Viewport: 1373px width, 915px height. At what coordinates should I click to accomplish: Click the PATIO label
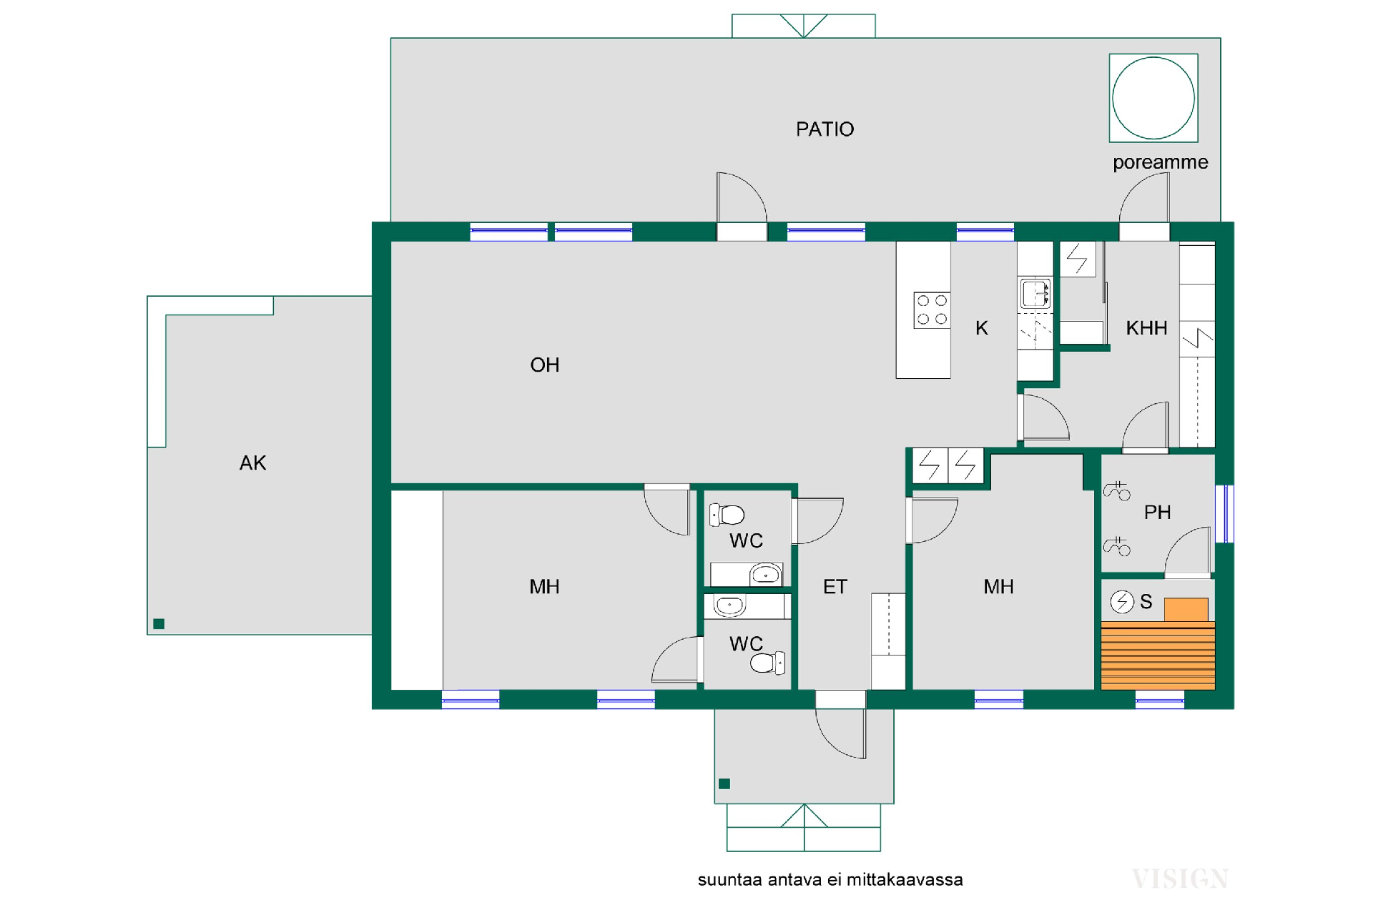[825, 129]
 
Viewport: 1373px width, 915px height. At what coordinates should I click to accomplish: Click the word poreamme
[1160, 163]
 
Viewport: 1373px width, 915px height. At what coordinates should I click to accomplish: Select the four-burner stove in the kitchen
[932, 310]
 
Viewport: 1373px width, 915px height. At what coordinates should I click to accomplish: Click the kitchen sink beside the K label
[1035, 293]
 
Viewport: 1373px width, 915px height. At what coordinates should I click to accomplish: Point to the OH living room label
[544, 365]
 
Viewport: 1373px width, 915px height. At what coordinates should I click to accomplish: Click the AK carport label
[252, 463]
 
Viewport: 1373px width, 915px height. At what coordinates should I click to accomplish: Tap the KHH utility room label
[1146, 328]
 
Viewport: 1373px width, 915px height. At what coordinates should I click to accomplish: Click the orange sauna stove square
[1186, 610]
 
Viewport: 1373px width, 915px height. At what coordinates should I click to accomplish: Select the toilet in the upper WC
[727, 515]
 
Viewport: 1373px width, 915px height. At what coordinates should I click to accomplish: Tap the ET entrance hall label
[835, 587]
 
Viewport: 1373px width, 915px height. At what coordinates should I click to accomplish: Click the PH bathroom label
[1157, 513]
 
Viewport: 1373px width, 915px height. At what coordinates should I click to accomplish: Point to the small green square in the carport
[159, 624]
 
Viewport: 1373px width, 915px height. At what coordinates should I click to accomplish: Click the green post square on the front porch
[724, 783]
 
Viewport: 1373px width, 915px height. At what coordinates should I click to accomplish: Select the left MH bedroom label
[544, 587]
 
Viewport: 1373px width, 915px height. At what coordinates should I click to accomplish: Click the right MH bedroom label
[998, 587]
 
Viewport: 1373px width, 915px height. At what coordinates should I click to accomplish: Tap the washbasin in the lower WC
[729, 605]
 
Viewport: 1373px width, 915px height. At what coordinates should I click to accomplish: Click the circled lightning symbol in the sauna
[1122, 602]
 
